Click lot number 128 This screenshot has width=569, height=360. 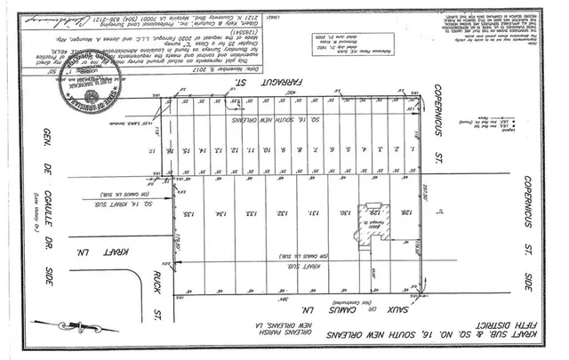pos(406,213)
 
